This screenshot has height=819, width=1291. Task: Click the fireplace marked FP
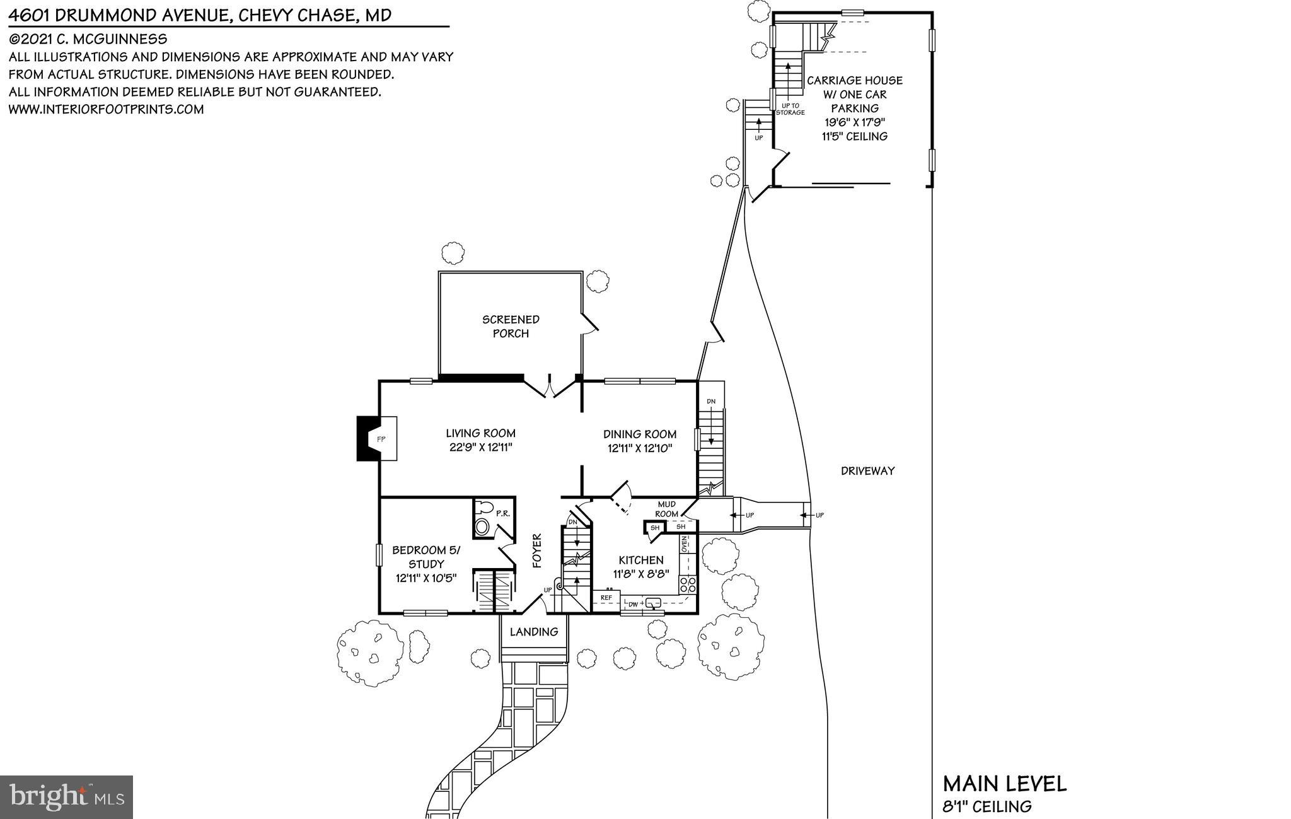pyautogui.click(x=376, y=438)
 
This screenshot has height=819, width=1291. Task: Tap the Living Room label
pyautogui.click(x=480, y=433)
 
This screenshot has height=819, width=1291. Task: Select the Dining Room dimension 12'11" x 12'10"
pyautogui.click(x=640, y=449)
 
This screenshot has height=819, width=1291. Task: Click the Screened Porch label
pyautogui.click(x=511, y=326)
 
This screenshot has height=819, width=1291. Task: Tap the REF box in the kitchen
pyautogui.click(x=606, y=597)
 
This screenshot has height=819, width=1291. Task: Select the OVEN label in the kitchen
pyautogui.click(x=684, y=543)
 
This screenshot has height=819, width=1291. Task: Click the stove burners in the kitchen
pyautogui.click(x=688, y=584)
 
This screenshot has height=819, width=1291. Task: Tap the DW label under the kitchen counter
pyautogui.click(x=633, y=604)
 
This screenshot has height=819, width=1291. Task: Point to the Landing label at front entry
pyautogui.click(x=534, y=632)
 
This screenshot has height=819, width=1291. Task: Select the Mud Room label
pyautogui.click(x=666, y=509)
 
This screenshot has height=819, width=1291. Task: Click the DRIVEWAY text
pyautogui.click(x=867, y=470)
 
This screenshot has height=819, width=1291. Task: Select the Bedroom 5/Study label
pyautogui.click(x=426, y=557)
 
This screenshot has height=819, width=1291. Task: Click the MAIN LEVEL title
pyautogui.click(x=1004, y=784)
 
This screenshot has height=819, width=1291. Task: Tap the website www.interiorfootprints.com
pyautogui.click(x=106, y=109)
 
